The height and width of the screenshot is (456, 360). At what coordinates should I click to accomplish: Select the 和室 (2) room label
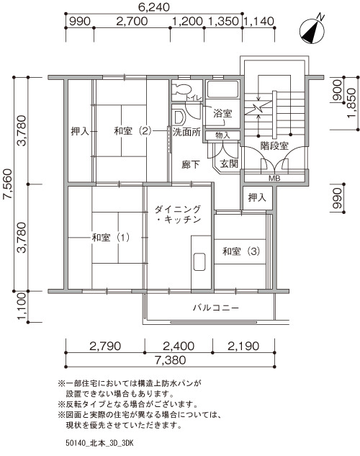click(x=132, y=131)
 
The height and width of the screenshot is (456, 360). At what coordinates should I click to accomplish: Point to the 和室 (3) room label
click(x=241, y=251)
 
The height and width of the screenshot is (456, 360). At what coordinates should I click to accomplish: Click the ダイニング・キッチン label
click(x=178, y=214)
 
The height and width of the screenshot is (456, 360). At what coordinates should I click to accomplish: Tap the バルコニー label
click(x=215, y=308)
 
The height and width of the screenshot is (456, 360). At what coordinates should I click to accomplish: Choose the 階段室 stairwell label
click(x=274, y=146)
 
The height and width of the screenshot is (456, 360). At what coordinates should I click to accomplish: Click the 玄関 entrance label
click(x=229, y=164)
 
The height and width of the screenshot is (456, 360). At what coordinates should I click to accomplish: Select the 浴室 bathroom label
click(x=222, y=113)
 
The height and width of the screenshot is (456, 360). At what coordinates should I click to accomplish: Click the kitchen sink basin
click(x=199, y=262)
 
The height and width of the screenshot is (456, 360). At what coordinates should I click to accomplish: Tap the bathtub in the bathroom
click(x=222, y=89)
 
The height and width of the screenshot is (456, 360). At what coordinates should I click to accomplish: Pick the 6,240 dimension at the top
click(x=154, y=7)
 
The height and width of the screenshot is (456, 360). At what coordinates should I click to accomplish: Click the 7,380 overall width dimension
click(x=170, y=360)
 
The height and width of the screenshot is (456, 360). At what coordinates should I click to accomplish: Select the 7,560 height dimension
click(x=8, y=184)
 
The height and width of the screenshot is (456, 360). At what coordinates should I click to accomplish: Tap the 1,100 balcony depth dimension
click(x=22, y=306)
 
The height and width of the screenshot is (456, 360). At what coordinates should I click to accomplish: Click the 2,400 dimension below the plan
click(x=179, y=346)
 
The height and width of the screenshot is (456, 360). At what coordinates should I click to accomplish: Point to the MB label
click(x=274, y=178)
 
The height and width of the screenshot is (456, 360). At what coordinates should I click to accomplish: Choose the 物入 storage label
click(x=222, y=135)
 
